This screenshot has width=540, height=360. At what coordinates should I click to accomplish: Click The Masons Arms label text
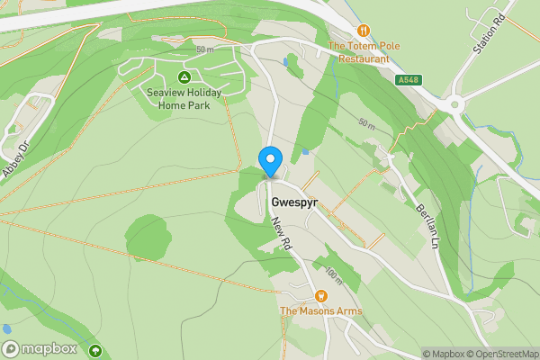click(321, 311)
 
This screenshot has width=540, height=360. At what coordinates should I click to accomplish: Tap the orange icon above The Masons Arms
click(321, 295)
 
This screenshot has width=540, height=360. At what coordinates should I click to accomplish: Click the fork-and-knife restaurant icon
click(364, 31)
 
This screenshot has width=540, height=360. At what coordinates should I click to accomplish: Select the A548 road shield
click(409, 80)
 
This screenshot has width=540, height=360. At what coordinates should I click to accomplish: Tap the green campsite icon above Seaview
click(184, 77)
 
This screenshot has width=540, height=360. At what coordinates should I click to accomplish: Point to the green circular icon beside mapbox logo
click(95, 349)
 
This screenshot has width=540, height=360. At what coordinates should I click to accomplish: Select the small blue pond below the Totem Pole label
click(285, 63)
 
